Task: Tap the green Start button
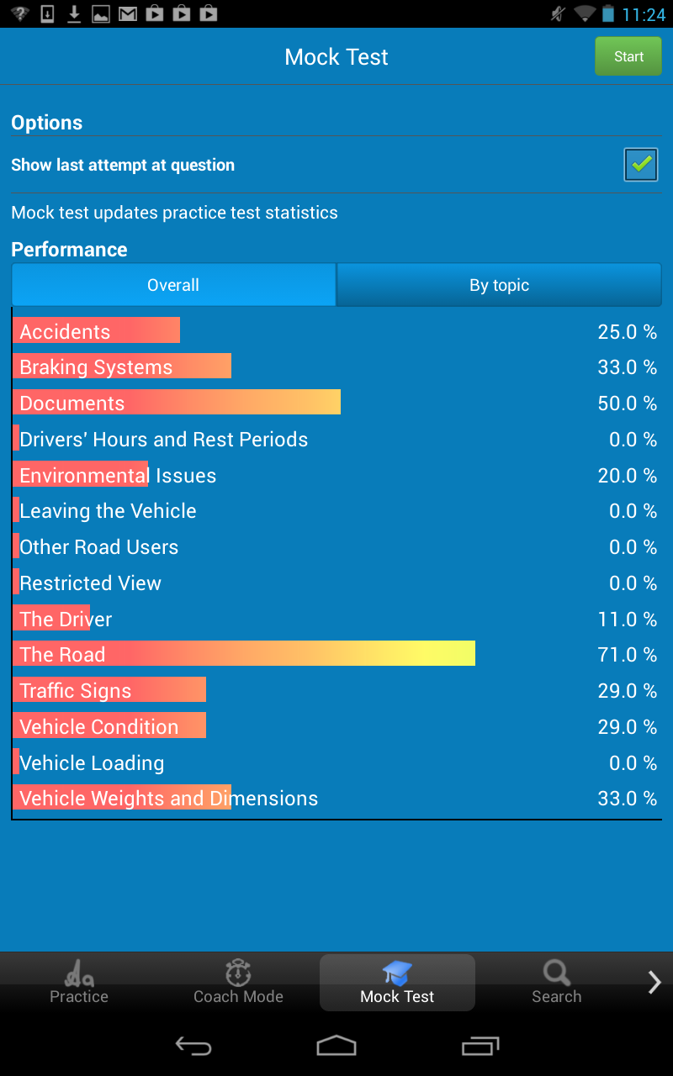tap(628, 57)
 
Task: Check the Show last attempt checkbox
tap(641, 165)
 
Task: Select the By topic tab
tap(499, 285)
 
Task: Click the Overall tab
tap(173, 285)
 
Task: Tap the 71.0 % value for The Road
tap(627, 655)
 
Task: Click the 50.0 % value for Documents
tap(627, 403)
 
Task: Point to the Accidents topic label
tap(65, 331)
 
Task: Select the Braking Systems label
tap(96, 367)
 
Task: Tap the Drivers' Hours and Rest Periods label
tap(164, 440)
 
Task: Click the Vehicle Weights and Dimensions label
tap(168, 799)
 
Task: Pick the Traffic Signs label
tap(76, 691)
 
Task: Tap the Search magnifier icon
tap(556, 973)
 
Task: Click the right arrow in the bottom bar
tap(654, 982)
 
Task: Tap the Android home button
tap(336, 1045)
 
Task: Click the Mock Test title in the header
tap(336, 57)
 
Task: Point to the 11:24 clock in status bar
tap(644, 14)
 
